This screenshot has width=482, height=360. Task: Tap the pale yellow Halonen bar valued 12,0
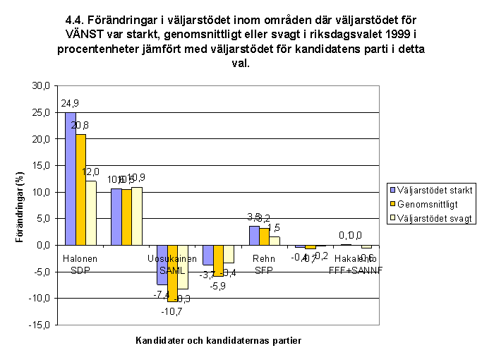tap(90, 212)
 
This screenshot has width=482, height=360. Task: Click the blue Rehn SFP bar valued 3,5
tap(254, 236)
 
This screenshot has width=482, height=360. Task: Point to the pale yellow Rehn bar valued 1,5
tap(274, 241)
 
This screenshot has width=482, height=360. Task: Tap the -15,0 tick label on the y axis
tap(39, 325)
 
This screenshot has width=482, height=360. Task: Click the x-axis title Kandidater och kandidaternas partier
tap(219, 340)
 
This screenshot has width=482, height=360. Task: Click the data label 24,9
tap(69, 103)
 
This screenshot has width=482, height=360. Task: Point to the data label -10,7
tap(172, 311)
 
